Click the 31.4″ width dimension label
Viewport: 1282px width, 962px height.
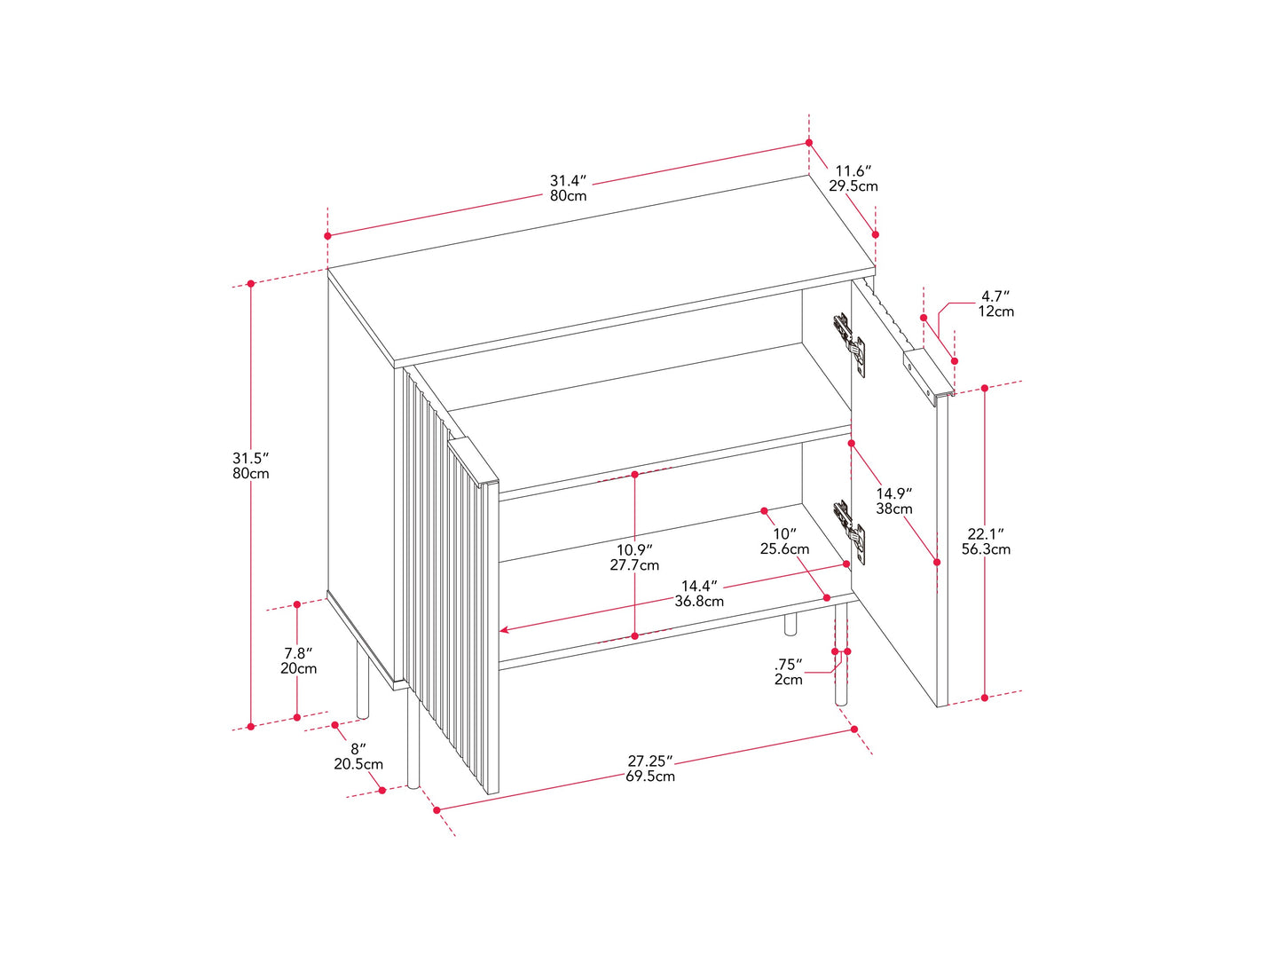567,180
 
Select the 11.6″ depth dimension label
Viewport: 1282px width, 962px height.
853,171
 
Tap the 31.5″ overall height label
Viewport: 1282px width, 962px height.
250,458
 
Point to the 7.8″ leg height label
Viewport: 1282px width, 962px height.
298,653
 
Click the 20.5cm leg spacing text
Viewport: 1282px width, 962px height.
358,764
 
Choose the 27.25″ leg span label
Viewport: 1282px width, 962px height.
650,761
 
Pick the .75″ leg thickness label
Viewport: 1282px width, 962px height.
789,665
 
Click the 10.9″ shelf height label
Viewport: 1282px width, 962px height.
634,550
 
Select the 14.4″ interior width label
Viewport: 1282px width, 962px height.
699,586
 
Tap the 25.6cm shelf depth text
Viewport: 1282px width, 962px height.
784,549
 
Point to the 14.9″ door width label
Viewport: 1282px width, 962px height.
893,493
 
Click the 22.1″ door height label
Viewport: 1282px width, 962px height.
986,534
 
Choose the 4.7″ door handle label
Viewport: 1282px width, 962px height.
995,296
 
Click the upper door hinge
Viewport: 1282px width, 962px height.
849,344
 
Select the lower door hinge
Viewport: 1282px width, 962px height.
849,532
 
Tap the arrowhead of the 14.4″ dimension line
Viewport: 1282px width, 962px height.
503,630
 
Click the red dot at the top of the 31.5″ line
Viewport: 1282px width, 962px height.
250,284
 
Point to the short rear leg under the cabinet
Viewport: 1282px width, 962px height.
790,624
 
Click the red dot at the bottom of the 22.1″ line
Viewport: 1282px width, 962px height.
985,698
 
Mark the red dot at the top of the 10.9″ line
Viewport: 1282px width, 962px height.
635,475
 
